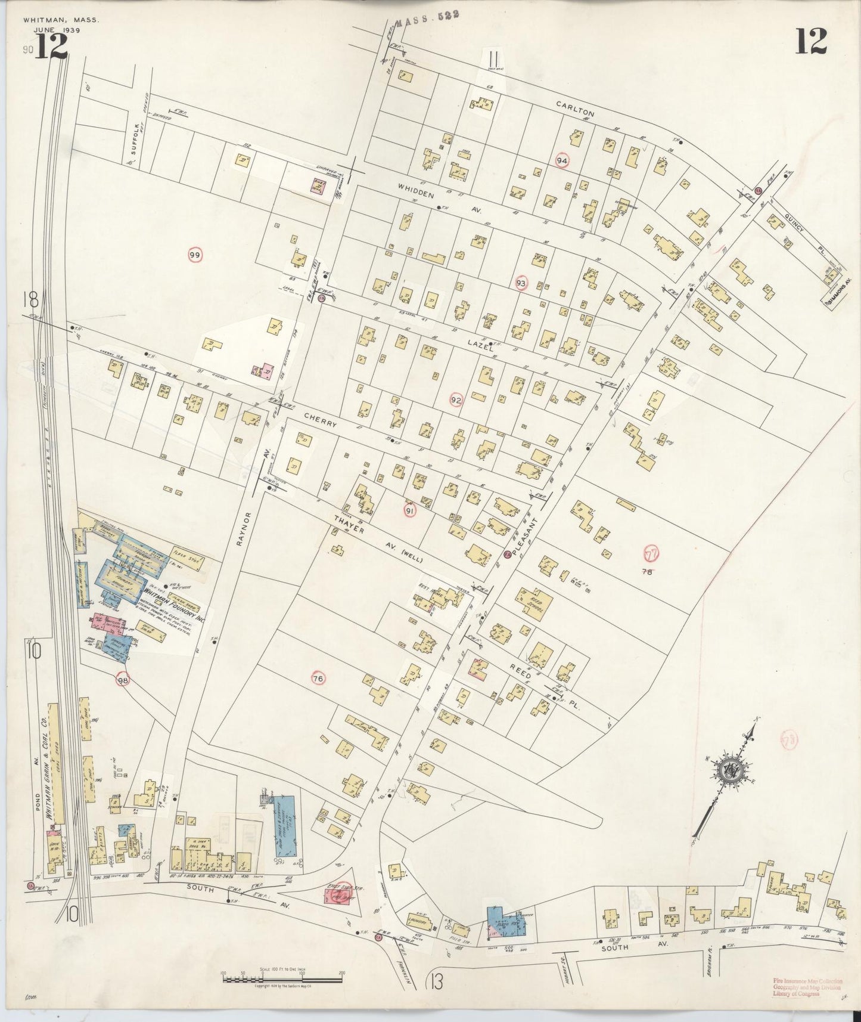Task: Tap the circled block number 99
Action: (x=195, y=255)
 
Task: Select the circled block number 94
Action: (x=561, y=160)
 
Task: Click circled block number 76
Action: (x=318, y=678)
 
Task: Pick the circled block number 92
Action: (x=456, y=399)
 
